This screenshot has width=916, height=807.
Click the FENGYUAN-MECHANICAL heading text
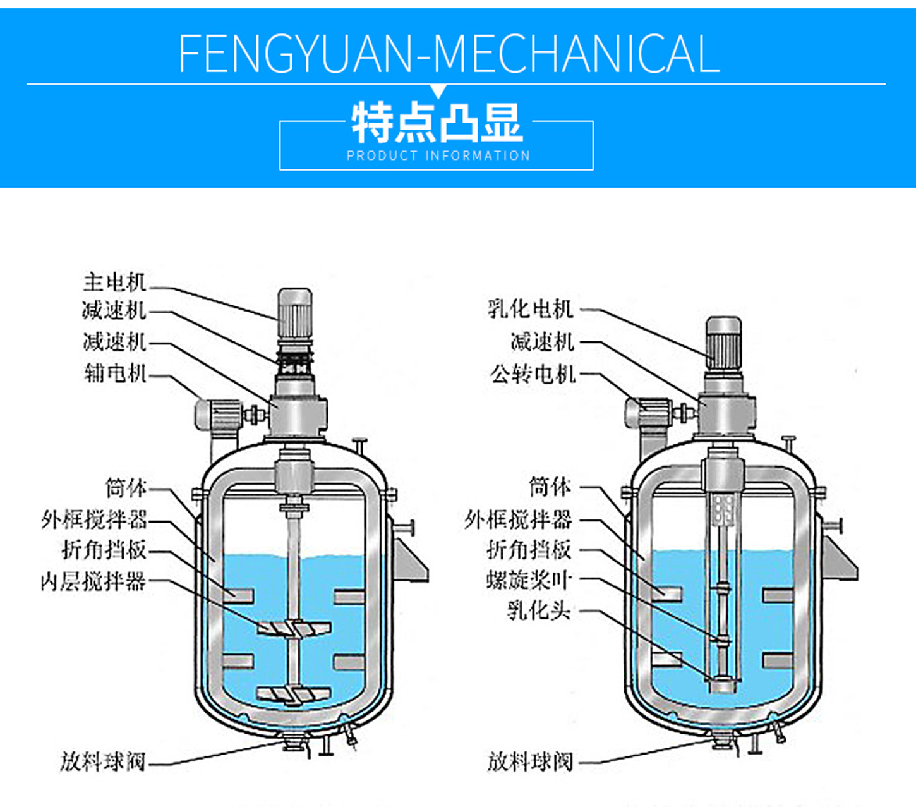pyautogui.click(x=449, y=54)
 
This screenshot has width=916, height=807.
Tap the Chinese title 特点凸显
pyautogui.click(x=437, y=123)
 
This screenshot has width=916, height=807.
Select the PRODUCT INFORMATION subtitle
pyautogui.click(x=438, y=155)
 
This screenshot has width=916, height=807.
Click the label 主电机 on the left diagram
pyautogui.click(x=114, y=282)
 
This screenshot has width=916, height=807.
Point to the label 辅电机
pyautogui.click(x=115, y=373)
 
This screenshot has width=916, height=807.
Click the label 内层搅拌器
pyautogui.click(x=93, y=581)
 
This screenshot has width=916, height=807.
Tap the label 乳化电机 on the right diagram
pyautogui.click(x=531, y=309)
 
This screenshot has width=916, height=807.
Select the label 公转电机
pyautogui.click(x=533, y=374)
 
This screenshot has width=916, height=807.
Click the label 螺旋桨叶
pyautogui.click(x=529, y=579)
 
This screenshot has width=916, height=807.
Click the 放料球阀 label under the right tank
pyautogui.click(x=530, y=761)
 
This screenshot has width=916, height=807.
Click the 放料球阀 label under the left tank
pyautogui.click(x=103, y=761)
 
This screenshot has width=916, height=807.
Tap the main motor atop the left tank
pyautogui.click(x=295, y=314)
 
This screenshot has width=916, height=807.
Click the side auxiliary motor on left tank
pyautogui.click(x=218, y=415)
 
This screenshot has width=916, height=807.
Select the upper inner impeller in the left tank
pyautogui.click(x=294, y=628)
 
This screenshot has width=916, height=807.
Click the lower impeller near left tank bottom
pyautogui.click(x=292, y=695)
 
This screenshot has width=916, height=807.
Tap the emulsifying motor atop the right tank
pyautogui.click(x=723, y=342)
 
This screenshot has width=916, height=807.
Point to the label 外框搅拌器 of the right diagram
pyautogui.click(x=518, y=519)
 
